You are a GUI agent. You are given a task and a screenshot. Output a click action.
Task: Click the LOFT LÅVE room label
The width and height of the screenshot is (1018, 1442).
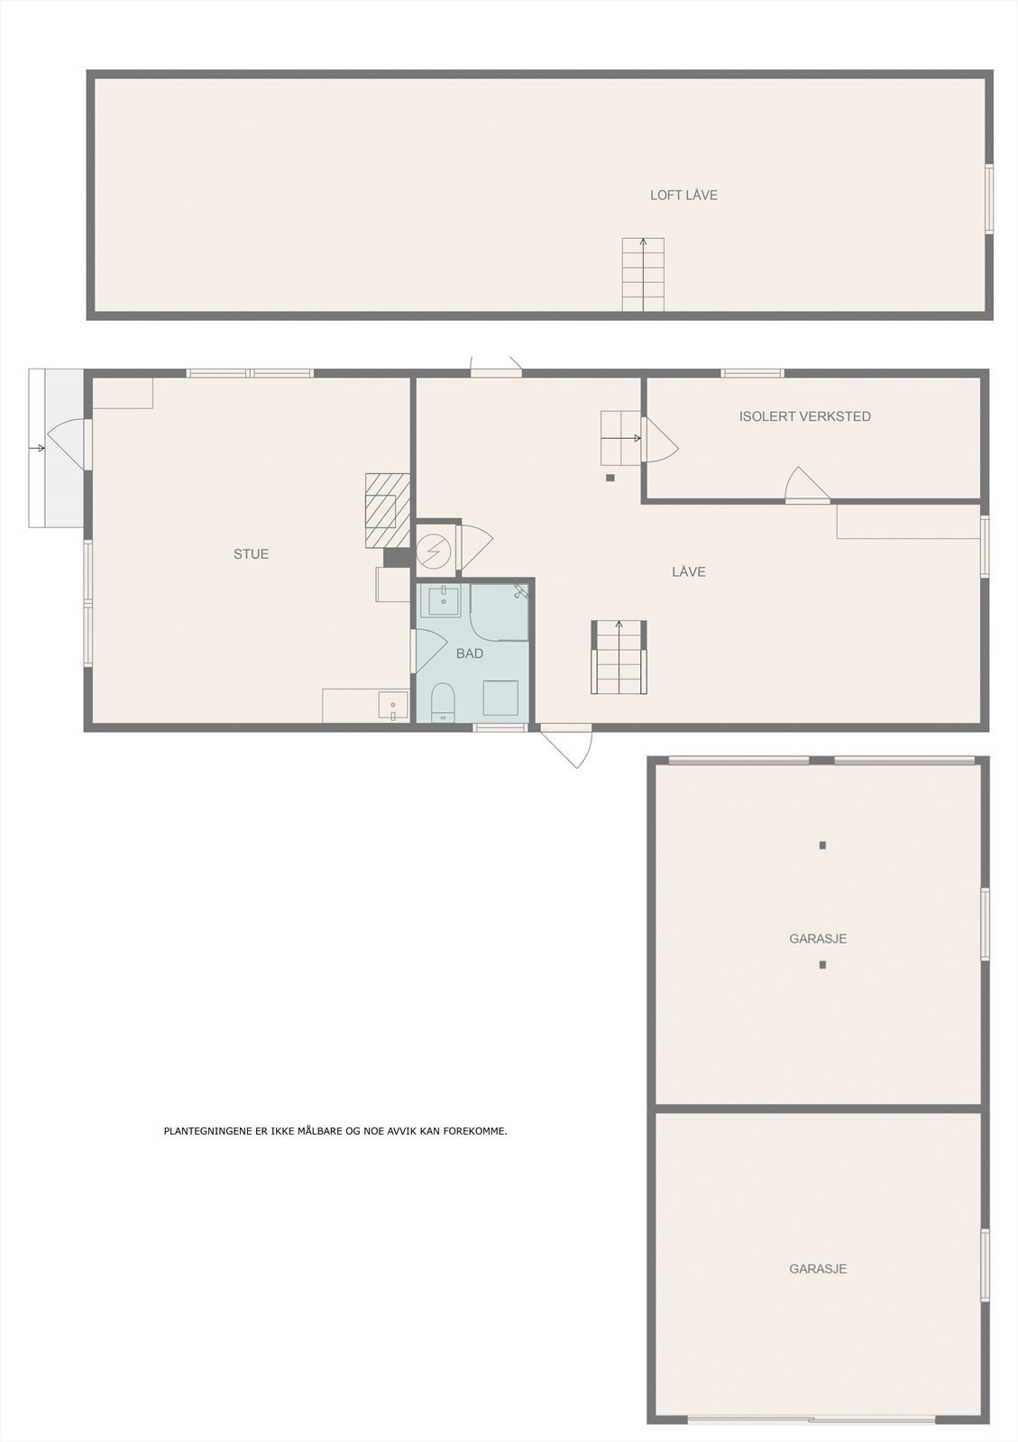coord(683,195)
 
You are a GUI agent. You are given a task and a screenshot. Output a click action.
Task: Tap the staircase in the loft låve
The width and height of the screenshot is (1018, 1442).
coord(643,275)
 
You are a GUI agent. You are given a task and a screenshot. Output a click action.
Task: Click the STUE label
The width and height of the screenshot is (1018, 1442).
coord(251,554)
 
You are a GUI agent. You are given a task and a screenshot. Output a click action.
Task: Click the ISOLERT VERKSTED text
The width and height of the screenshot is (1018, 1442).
coord(804,416)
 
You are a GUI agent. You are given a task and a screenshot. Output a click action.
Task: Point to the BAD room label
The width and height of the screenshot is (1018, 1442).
coord(470,653)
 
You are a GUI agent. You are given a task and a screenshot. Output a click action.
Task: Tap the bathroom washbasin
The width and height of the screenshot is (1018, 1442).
coord(443,599)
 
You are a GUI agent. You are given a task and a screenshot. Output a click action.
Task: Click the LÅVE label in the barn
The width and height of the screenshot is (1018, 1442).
coord(689,571)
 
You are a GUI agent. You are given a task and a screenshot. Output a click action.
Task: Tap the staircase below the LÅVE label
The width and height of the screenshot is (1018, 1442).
coord(619,657)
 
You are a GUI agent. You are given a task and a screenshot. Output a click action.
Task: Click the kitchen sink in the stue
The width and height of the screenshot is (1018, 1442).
coord(393,706)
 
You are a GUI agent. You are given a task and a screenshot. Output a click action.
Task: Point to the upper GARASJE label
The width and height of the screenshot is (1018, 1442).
coord(818,938)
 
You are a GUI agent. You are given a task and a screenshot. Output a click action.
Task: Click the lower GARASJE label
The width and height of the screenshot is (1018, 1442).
coord(818,1268)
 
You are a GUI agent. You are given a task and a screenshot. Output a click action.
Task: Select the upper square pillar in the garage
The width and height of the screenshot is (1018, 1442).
coord(822,845)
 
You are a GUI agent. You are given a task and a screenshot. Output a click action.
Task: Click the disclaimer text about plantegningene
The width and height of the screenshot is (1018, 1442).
coord(335,1131)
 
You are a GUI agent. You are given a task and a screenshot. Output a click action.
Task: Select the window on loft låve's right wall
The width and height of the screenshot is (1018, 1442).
coord(989,199)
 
